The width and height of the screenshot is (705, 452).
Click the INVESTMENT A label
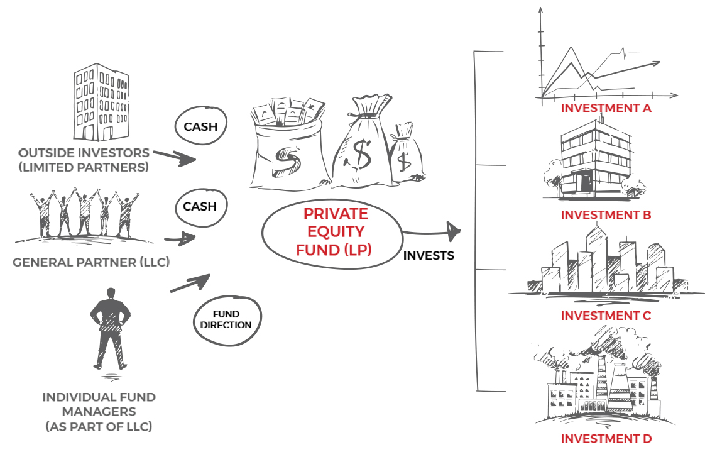[x=605, y=107]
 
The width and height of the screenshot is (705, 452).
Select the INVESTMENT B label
[x=605, y=215]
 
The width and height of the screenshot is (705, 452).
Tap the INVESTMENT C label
[x=605, y=316]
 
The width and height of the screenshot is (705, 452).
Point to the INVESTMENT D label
[x=605, y=439]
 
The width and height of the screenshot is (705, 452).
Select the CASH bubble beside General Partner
[x=200, y=206]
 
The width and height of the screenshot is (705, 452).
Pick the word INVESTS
[x=429, y=256]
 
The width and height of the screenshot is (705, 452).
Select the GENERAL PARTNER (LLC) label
[x=91, y=262]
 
